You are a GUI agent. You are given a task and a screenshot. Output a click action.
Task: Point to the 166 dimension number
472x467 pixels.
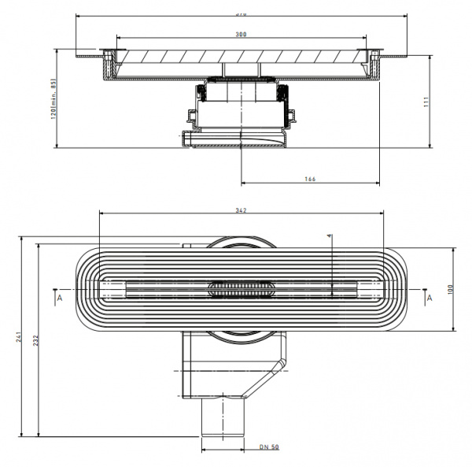309,180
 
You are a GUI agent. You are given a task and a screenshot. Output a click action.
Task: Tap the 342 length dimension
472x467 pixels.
242,210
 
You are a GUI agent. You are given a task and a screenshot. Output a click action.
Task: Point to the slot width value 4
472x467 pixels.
330,235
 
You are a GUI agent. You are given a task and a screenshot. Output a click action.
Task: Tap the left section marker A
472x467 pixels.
58,298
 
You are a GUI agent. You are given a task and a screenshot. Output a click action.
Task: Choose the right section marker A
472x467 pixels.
429,298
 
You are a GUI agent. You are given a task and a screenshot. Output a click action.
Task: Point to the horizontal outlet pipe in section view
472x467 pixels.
236,139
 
